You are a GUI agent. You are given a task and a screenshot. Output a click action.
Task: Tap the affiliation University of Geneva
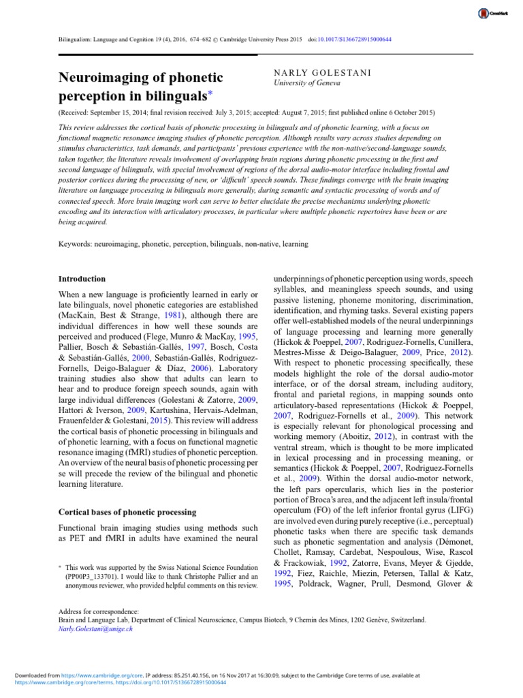point(303,83)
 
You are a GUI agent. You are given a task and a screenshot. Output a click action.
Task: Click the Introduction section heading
point(82,279)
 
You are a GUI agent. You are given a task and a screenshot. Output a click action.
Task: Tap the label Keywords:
point(76,243)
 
